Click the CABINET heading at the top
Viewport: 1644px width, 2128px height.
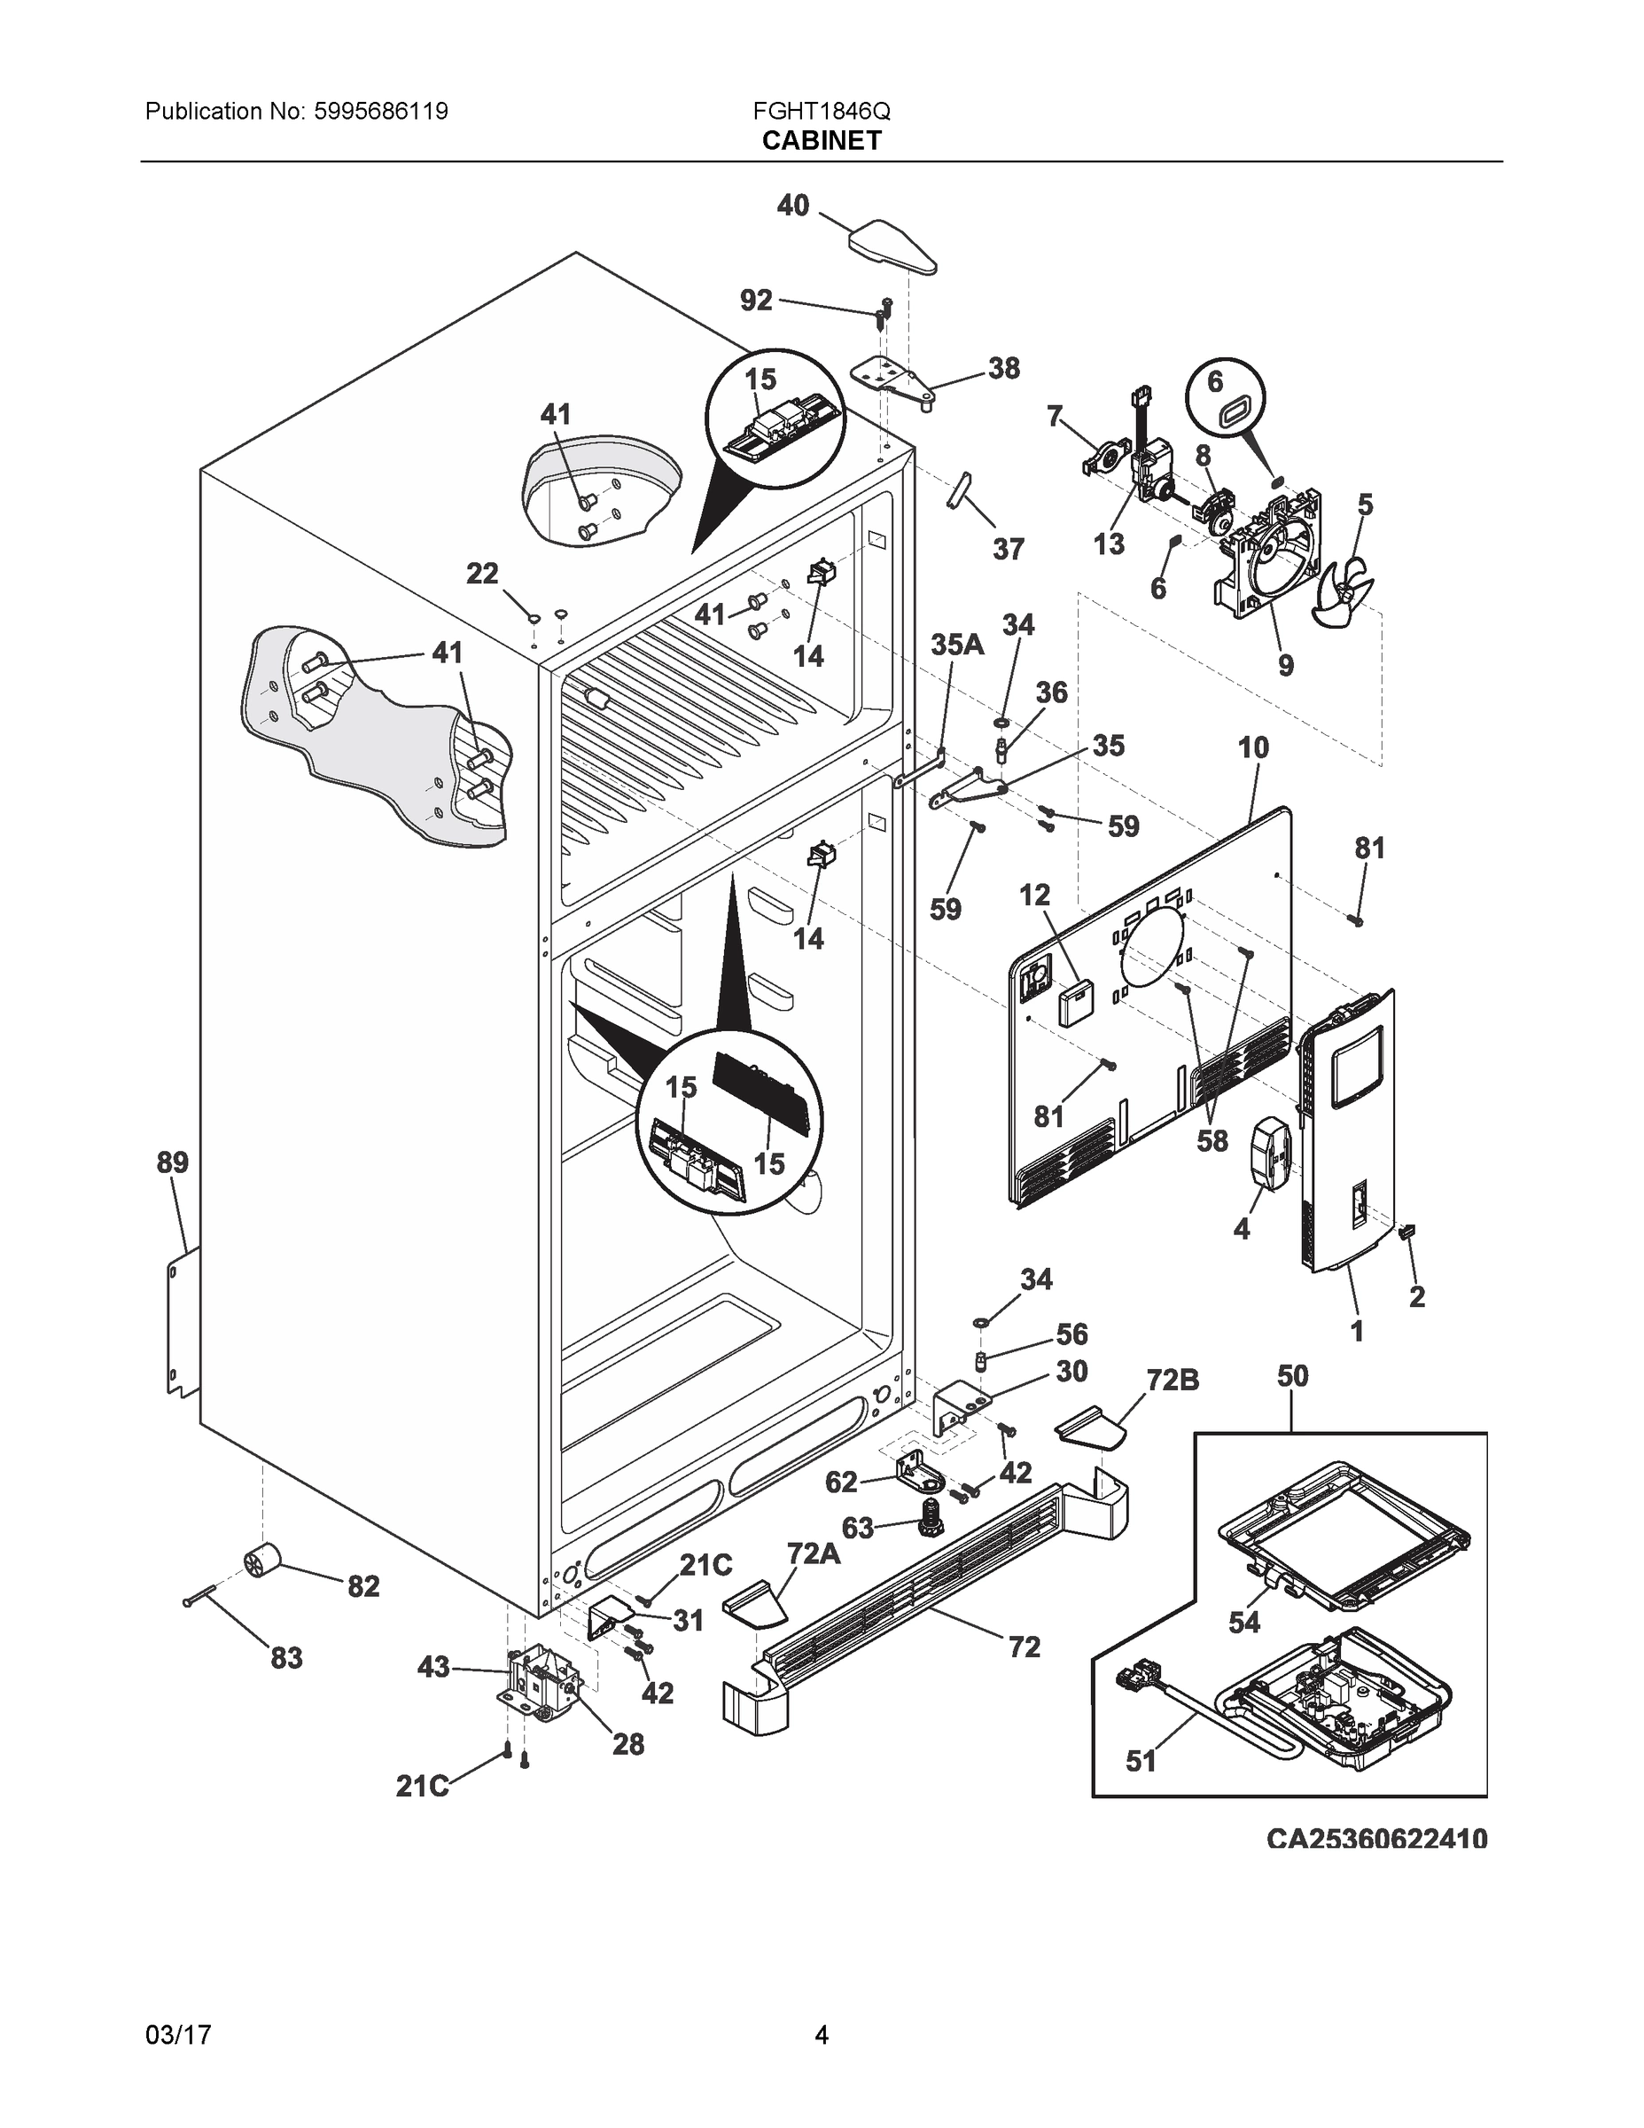coord(821,141)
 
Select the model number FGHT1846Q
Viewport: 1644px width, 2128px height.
coord(821,111)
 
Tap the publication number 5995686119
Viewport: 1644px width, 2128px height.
coord(381,111)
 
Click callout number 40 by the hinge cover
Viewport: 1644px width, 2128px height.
coord(793,206)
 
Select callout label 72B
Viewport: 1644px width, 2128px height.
coord(1173,1380)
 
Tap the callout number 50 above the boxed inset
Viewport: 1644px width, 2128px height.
coord(1292,1376)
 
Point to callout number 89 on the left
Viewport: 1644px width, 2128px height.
coord(173,1162)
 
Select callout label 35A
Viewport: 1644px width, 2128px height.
coord(956,644)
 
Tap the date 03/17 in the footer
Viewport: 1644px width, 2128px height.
coord(177,2035)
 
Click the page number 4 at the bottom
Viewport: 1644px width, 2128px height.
coord(821,2035)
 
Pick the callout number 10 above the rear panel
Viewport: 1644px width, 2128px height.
coord(1253,748)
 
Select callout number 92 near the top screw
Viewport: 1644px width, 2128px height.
coord(756,300)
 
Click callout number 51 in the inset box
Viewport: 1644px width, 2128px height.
coord(1141,1761)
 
